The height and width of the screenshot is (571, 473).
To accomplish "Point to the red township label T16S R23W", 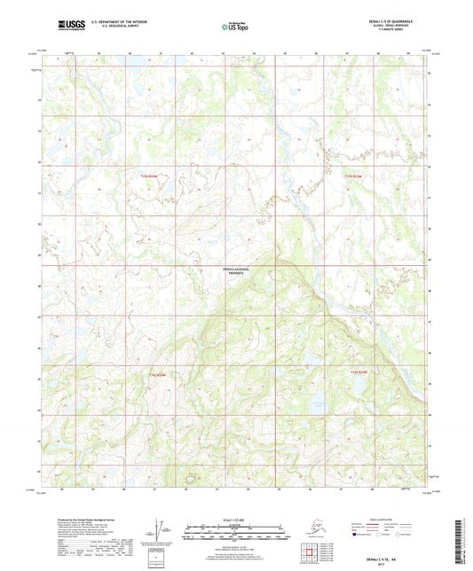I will click(357, 371).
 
